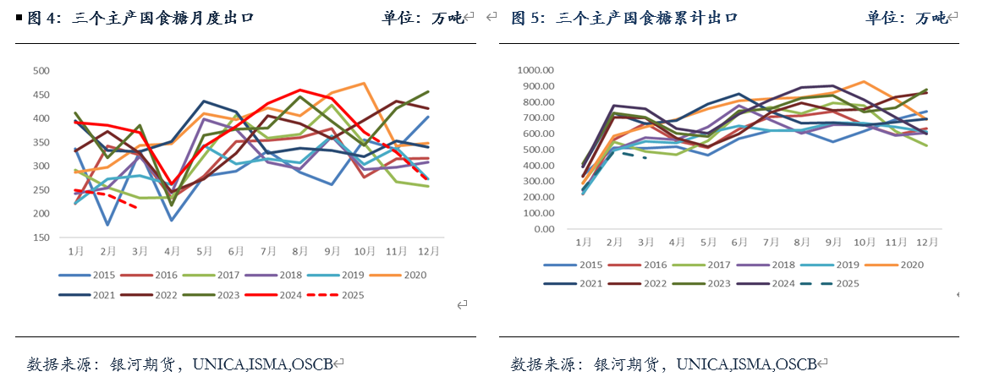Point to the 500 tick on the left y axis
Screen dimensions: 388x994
[x=40, y=71]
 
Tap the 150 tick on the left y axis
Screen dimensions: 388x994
[x=40, y=238]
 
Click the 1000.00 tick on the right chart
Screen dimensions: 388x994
[x=535, y=70]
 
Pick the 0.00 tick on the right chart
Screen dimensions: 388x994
[x=544, y=229]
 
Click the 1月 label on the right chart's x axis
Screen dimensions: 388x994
[x=584, y=243]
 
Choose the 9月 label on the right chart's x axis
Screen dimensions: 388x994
[x=832, y=243]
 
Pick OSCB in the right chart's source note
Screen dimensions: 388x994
[x=795, y=364]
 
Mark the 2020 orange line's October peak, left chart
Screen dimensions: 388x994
[x=364, y=83]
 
